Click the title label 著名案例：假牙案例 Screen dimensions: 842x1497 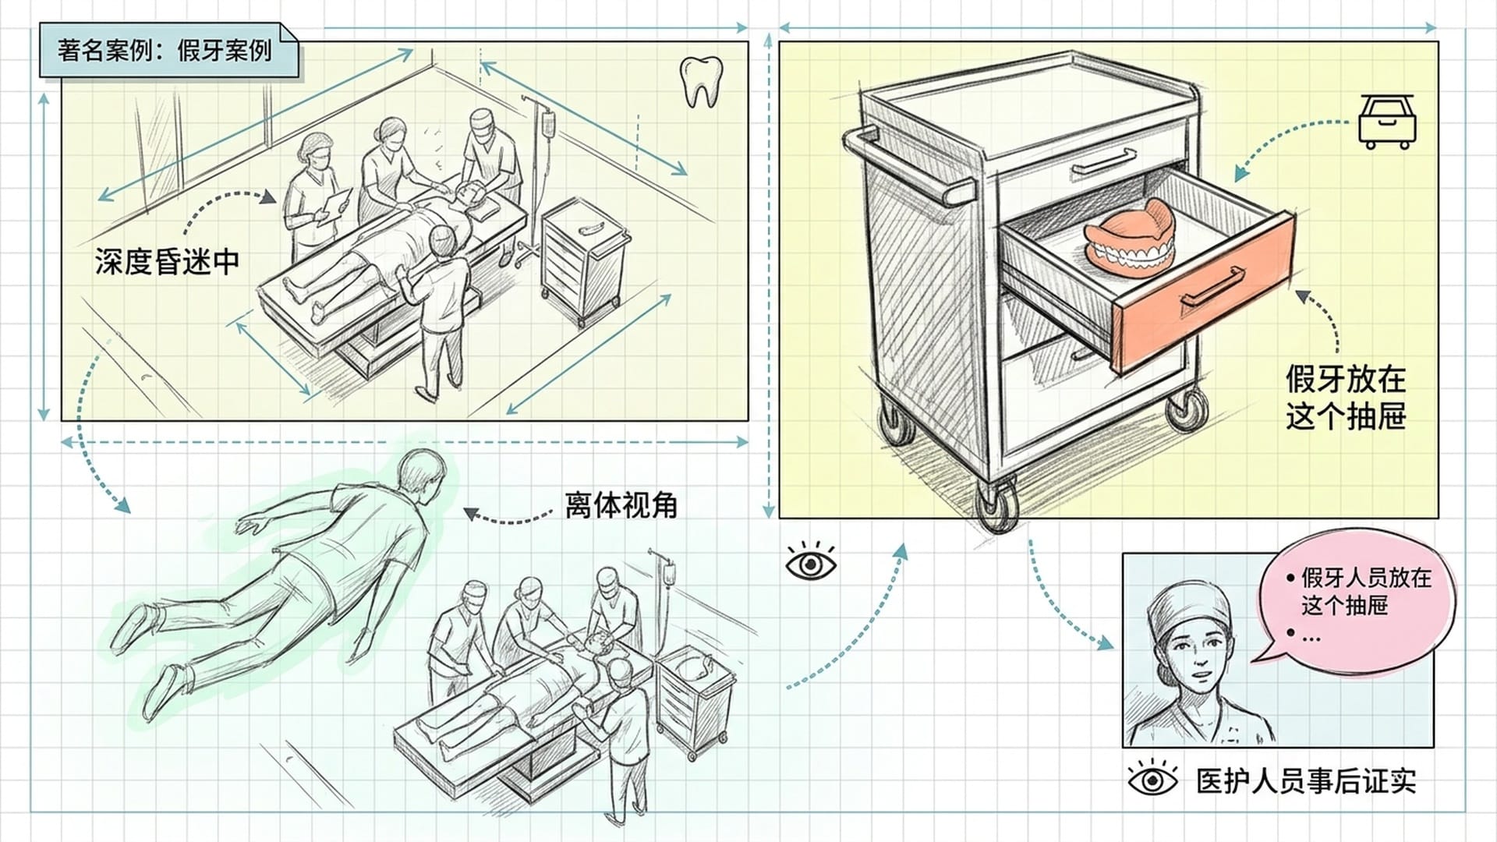point(165,51)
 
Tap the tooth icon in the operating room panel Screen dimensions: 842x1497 point(700,81)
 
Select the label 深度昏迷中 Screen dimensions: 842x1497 point(167,262)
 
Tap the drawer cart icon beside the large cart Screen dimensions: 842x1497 point(1387,122)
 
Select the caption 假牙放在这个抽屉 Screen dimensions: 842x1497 point(1345,398)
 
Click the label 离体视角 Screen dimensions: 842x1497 point(621,505)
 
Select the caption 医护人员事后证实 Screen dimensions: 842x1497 point(1306,781)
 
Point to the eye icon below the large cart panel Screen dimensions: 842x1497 point(812,562)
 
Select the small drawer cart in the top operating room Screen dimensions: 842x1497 point(583,260)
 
